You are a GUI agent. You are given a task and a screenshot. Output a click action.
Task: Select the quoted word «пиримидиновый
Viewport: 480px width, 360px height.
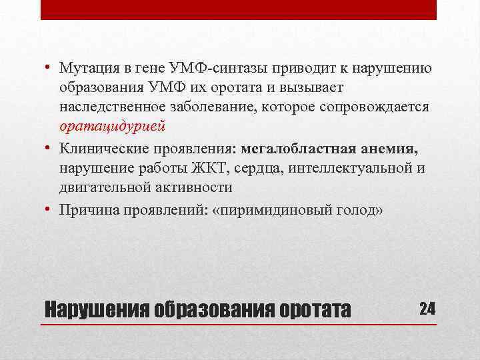(x=277, y=211)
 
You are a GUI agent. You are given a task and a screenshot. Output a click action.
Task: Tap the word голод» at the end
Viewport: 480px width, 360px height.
(x=364, y=211)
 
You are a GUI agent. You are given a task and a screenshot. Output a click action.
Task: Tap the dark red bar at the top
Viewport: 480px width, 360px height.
(x=239, y=9)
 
